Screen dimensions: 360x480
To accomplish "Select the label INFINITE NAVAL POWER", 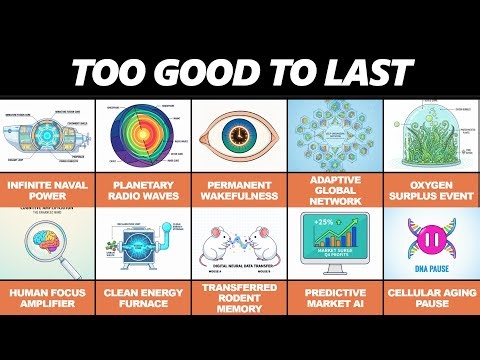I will coord(48,190).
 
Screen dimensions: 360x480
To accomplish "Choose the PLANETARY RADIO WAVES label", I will coord(143,190).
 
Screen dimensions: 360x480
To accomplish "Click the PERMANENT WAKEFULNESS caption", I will coord(239,190).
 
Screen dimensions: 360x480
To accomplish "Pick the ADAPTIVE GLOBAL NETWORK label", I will coord(335,190).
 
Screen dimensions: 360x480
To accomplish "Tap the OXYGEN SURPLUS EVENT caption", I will coord(431,190).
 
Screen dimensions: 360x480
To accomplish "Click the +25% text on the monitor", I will coord(323,222).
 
